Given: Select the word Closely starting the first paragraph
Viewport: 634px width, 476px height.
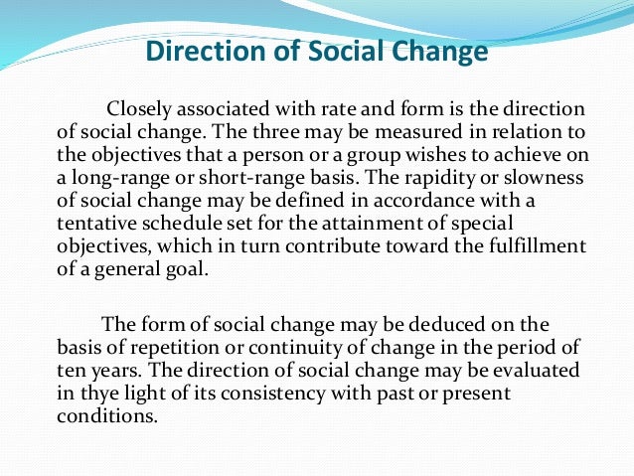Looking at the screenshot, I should [139, 108].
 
